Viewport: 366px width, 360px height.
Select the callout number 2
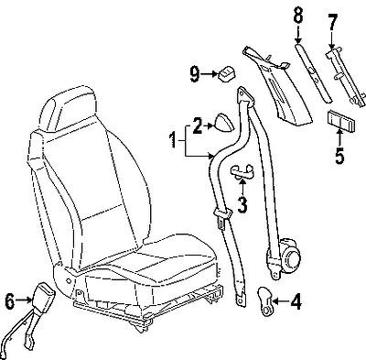click(x=195, y=120)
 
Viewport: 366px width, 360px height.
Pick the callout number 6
click(x=10, y=299)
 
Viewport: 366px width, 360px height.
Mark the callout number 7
click(x=332, y=20)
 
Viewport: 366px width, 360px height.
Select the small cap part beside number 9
click(x=225, y=71)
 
